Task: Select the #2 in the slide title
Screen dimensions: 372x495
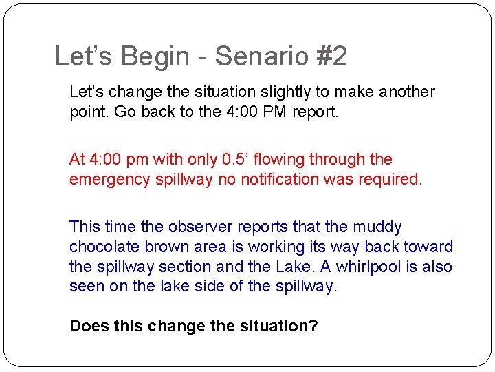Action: point(331,56)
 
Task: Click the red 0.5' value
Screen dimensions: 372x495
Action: point(239,160)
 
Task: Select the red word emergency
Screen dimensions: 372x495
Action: point(105,179)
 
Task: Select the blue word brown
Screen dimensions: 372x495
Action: point(157,247)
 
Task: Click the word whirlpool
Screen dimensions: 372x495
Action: point(375,267)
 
